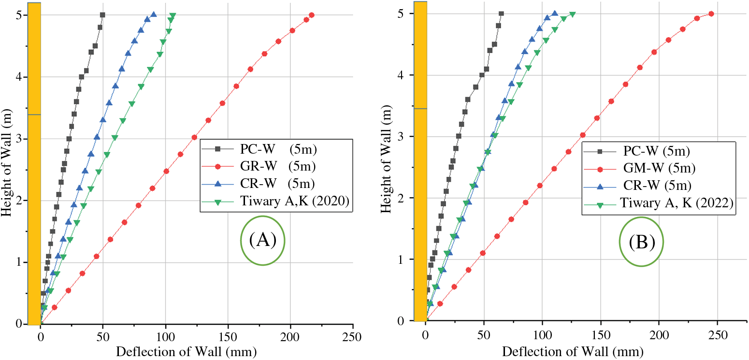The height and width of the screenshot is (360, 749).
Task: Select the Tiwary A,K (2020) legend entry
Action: (x=294, y=202)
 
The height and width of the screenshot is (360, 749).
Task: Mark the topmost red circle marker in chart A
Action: (x=311, y=15)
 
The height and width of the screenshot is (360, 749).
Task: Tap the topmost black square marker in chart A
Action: (x=102, y=15)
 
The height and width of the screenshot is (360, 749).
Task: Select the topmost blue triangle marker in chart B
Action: (x=555, y=14)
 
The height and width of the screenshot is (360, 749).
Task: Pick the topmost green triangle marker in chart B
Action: (x=573, y=14)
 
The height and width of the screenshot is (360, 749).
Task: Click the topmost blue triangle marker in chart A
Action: (x=154, y=15)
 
